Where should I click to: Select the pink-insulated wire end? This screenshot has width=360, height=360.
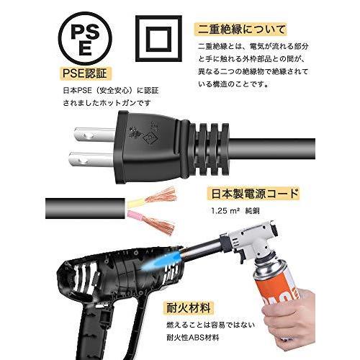click(137, 213)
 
